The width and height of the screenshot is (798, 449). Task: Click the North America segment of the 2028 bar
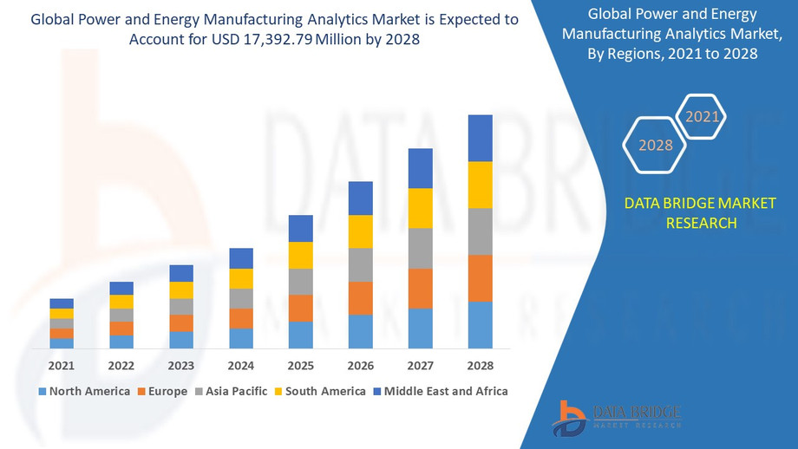tap(480, 325)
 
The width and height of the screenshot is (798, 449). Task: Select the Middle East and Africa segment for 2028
tap(480, 138)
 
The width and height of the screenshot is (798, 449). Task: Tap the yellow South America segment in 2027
tap(420, 208)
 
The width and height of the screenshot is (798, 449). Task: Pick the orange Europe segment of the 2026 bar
tap(360, 298)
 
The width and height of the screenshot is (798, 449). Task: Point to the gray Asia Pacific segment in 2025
tap(300, 282)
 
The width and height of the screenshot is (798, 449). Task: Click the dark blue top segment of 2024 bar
tap(241, 258)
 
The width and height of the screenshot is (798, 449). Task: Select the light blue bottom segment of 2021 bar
tap(62, 343)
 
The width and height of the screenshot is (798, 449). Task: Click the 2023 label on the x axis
tap(181, 366)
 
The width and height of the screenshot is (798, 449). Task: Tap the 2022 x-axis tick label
tap(121, 366)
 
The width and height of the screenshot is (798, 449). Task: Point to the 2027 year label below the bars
tap(420, 366)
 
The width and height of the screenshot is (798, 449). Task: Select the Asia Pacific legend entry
tap(230, 391)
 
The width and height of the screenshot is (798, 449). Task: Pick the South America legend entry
tap(318, 391)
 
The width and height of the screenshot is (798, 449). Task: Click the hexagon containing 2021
tap(702, 116)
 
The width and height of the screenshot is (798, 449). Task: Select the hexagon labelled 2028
tap(656, 145)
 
